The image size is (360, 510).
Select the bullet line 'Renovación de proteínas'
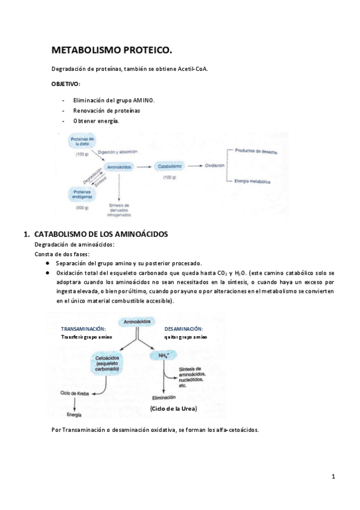tap(106, 111)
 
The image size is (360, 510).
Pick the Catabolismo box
tap(169, 165)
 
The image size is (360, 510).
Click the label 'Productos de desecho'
tap(256, 152)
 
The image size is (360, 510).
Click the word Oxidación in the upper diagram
tap(215, 165)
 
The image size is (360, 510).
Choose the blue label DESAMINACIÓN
tap(183, 329)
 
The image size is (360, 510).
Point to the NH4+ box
tap(162, 356)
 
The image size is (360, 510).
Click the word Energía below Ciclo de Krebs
tap(75, 415)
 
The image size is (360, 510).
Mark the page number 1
tap(332, 477)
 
